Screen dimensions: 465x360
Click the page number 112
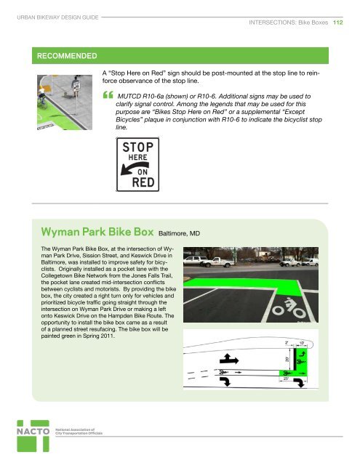(x=338, y=24)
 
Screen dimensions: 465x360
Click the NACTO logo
(x=29, y=438)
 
